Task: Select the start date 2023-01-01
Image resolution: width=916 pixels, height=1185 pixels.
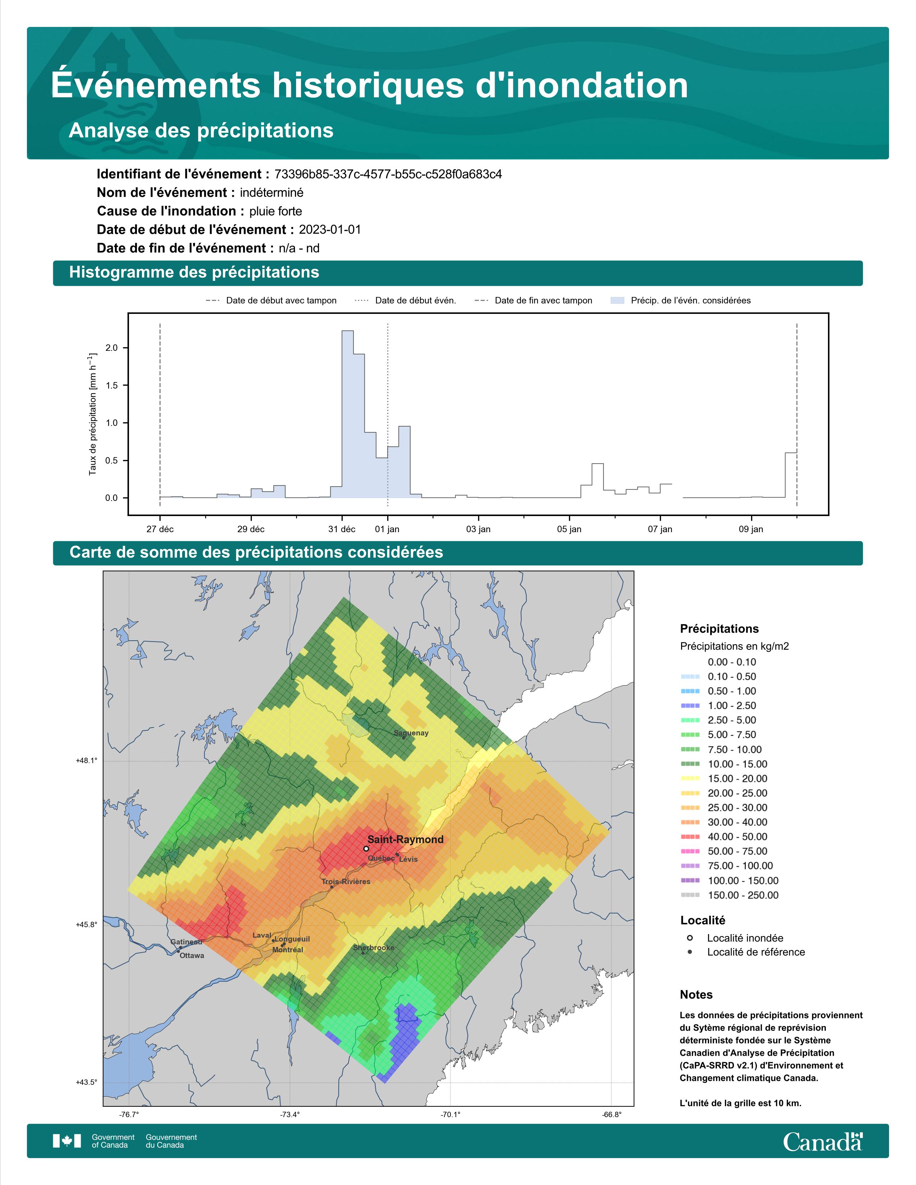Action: (x=330, y=229)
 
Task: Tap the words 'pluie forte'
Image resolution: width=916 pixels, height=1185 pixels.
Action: (x=276, y=211)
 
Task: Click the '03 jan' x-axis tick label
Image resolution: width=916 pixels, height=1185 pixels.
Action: (x=478, y=529)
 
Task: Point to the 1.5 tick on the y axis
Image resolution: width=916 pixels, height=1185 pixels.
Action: (x=111, y=385)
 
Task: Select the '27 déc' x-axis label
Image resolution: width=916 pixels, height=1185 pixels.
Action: (x=160, y=529)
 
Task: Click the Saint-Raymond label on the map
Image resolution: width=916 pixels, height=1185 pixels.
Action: (x=405, y=840)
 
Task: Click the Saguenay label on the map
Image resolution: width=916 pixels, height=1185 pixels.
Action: (x=411, y=733)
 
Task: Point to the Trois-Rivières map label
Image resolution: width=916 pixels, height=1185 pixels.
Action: (x=346, y=882)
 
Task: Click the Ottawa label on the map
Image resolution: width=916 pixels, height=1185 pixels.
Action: (x=191, y=956)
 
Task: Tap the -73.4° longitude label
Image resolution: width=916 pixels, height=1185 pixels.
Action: (x=290, y=1115)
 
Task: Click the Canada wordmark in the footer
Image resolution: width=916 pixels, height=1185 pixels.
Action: (x=823, y=1142)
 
